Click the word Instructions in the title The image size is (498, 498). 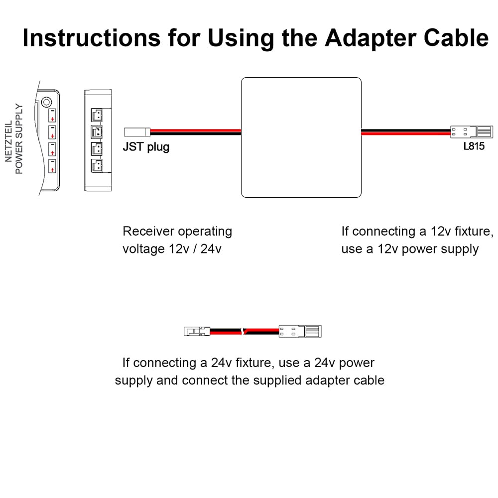pyautogui.click(x=92, y=38)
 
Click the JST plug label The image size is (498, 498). pyautogui.click(x=146, y=147)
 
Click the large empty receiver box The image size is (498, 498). pyautogui.click(x=301, y=137)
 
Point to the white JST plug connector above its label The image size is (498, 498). pyautogui.click(x=136, y=132)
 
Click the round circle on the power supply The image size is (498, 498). pyautogui.click(x=46, y=102)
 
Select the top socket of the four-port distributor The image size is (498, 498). pyautogui.click(x=97, y=115)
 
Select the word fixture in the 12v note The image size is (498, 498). pyautogui.click(x=461, y=232)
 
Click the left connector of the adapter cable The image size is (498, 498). pyautogui.click(x=197, y=331)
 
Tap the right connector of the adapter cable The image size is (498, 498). pyautogui.click(x=300, y=331)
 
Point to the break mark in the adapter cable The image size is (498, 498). pyautogui.click(x=243, y=331)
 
